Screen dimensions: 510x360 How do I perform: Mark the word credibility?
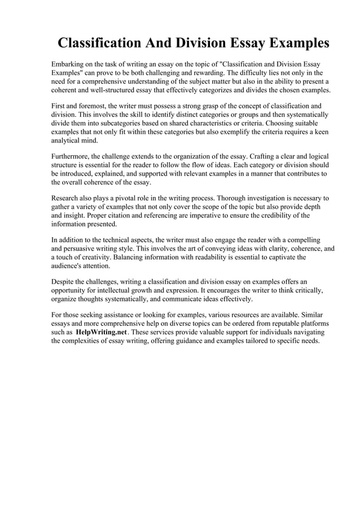[270, 215]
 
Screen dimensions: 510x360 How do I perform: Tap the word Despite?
[64, 281]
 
